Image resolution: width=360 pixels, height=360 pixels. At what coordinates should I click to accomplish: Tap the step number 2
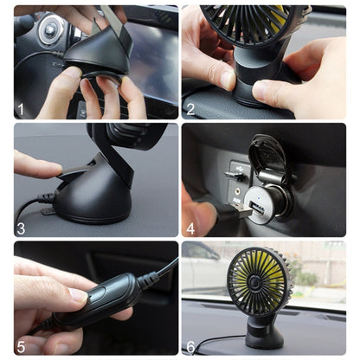[190, 110]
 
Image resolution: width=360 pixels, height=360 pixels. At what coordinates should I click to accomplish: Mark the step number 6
[190, 345]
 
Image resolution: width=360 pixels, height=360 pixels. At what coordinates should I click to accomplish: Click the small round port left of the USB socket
[233, 174]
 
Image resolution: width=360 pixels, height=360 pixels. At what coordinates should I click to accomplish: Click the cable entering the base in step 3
[35, 205]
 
